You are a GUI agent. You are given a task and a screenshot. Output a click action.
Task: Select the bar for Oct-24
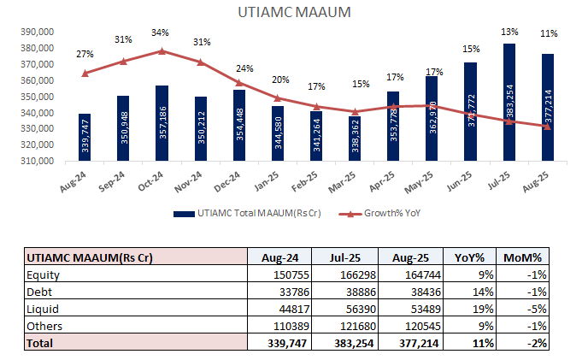(x=162, y=123)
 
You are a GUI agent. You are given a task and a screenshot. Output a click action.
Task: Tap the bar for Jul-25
(x=509, y=103)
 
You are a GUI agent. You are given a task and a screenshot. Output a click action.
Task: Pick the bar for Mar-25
(x=355, y=139)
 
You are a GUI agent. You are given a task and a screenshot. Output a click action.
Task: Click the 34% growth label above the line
(x=161, y=32)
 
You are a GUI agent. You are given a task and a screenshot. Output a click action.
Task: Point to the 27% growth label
(x=85, y=54)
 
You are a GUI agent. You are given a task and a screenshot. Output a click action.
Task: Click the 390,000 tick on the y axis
(x=37, y=32)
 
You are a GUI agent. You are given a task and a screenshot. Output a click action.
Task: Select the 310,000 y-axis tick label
(x=37, y=161)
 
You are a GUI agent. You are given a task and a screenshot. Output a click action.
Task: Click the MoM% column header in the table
(x=523, y=257)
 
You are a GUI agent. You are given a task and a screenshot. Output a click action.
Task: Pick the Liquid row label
(x=41, y=309)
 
